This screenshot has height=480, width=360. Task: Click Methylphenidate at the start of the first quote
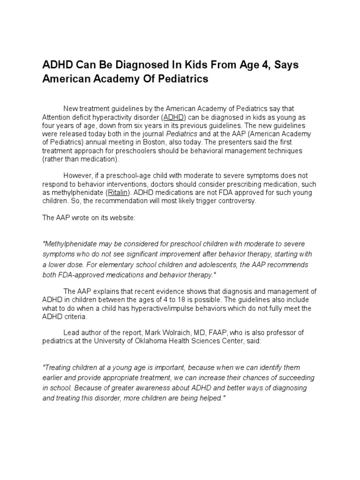coord(69,244)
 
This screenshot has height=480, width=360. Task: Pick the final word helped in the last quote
coord(212,398)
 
